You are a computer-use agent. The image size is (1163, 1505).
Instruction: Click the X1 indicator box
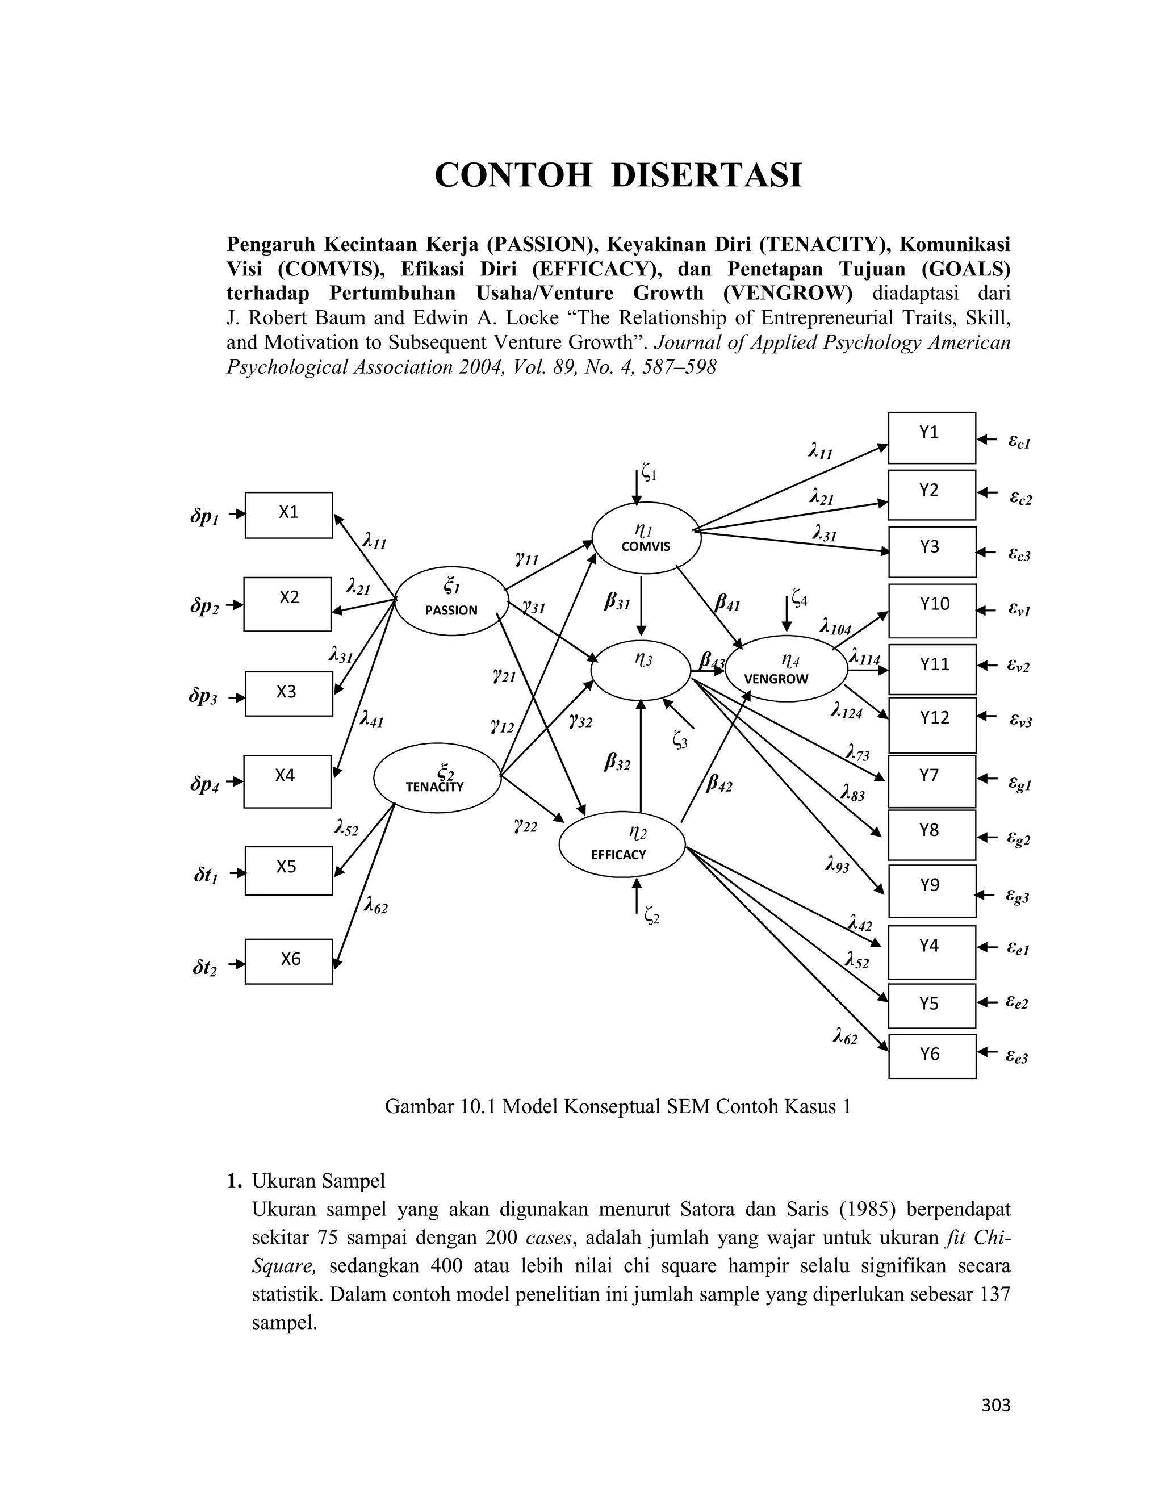coord(288,515)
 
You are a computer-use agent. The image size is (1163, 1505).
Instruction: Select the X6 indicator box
coord(288,961)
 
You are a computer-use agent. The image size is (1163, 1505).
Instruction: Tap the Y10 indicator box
coord(932,611)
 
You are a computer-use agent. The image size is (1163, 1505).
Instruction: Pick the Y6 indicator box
coord(932,1056)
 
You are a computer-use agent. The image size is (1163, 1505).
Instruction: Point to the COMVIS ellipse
coord(646,537)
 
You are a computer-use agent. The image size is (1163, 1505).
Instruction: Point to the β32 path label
coord(617,762)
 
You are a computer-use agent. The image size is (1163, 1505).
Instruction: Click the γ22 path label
coord(525,825)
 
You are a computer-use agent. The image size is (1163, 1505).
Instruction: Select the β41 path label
coord(727,604)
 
